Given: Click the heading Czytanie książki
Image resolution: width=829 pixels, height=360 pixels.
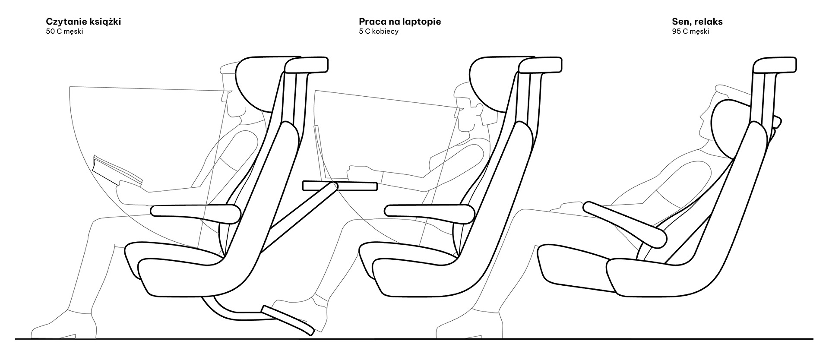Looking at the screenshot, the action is pos(83,22).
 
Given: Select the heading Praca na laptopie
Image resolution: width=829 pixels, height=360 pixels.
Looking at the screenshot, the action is pos(400,22).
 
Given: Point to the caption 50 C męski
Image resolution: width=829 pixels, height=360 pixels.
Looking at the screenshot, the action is pos(64,32).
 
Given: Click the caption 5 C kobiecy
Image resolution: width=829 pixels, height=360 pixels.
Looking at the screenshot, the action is pos(379,32).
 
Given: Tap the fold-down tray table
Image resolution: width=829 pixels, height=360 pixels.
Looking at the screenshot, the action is pos(340,186).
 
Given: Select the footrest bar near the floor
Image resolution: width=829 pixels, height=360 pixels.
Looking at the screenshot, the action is pos(287,320).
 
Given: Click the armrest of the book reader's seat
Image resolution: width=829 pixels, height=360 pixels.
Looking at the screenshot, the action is pos(196,212).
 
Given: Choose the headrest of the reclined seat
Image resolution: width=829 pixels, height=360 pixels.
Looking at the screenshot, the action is pos(775,65).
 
